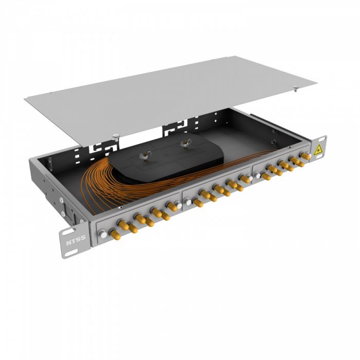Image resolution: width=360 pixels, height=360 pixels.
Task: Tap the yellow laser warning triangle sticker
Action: (x=318, y=150)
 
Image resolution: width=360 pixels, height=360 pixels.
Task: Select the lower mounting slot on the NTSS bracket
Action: (x=71, y=251)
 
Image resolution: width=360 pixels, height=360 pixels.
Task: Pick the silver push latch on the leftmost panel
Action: (x=103, y=234)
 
